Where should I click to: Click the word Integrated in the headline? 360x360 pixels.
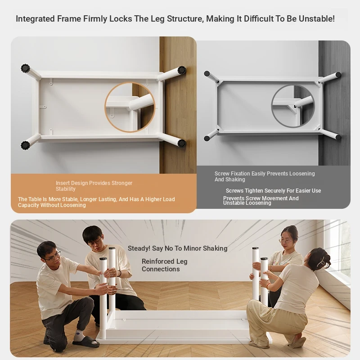pos(35,19)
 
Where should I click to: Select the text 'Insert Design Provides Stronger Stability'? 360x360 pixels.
pos(94,186)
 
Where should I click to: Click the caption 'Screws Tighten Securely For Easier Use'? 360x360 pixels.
pos(273,190)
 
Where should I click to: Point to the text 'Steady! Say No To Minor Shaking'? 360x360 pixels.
pos(177,248)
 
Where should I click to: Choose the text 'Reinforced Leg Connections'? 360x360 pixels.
pos(164,265)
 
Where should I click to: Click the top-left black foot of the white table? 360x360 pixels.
pos(25,68)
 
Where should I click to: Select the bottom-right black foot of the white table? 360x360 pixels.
pos(182,144)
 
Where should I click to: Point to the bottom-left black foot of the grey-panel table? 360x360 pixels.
pos(207,139)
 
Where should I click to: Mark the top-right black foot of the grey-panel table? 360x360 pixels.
pos(338,75)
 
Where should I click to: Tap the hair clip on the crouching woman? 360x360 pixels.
pos(321,262)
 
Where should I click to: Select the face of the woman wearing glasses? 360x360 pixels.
pos(287,242)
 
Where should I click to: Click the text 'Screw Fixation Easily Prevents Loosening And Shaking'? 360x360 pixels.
pos(265,176)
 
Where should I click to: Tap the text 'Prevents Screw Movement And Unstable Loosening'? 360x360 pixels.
pos(261,200)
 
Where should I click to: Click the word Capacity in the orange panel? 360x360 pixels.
pos(28,205)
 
